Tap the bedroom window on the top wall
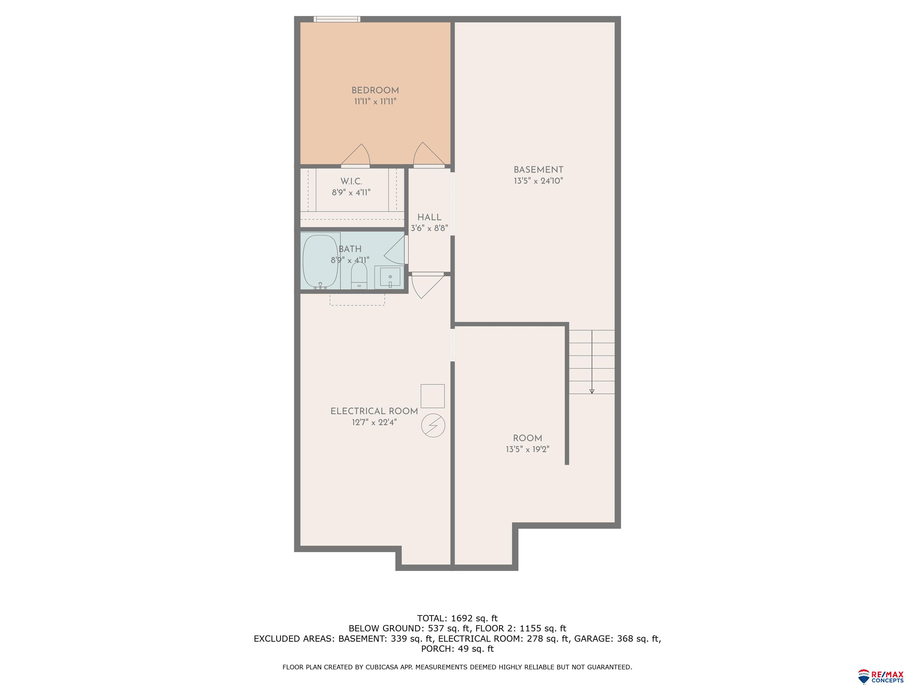[x=337, y=19]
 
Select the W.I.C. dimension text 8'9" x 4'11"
[x=351, y=193]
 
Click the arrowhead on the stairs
[x=592, y=391]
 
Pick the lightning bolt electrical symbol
[x=433, y=425]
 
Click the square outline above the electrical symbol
[x=433, y=396]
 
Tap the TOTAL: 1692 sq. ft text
[x=457, y=618]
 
